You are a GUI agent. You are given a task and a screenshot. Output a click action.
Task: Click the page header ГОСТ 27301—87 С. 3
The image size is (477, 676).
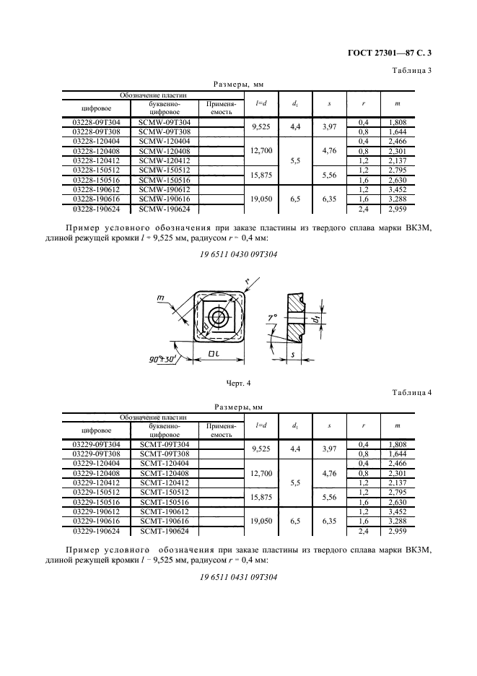[x=389, y=53]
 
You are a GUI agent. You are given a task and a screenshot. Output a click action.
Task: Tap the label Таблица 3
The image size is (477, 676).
[x=411, y=71]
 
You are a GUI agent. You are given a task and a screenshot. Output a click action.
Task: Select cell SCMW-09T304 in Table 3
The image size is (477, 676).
[x=165, y=123]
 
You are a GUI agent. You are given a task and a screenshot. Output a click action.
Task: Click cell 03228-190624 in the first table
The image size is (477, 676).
[x=96, y=209]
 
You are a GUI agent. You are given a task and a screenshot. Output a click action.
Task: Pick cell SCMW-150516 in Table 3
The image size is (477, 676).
[x=165, y=181]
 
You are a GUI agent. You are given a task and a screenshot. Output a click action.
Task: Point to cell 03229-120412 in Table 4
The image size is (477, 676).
[x=96, y=483]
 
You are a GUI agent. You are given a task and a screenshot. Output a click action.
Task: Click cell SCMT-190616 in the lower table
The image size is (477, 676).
[x=165, y=521]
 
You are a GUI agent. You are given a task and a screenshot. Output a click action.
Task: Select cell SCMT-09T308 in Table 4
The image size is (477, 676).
[x=165, y=454]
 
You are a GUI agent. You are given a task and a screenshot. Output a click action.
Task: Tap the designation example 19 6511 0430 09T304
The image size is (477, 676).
[x=239, y=254]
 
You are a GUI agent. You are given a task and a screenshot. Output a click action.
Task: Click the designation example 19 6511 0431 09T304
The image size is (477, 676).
[x=239, y=577]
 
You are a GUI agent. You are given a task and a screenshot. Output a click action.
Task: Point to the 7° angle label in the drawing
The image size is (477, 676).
[x=272, y=318]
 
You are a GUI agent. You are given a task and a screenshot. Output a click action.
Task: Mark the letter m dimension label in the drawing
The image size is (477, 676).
[x=161, y=298]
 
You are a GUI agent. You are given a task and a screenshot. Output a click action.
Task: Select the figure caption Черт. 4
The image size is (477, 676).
[x=238, y=383]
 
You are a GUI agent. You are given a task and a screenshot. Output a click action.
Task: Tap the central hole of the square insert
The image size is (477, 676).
[x=219, y=318]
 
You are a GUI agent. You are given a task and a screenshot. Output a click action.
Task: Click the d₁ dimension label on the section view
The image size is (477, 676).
[x=316, y=319]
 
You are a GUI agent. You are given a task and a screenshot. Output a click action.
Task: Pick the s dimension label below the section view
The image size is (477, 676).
[x=292, y=355]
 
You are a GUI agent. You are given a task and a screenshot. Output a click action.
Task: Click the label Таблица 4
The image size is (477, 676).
[x=411, y=393]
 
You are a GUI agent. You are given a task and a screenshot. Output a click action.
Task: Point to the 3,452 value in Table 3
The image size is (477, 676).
[x=398, y=190]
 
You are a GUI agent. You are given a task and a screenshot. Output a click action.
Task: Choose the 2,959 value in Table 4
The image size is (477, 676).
[x=398, y=531]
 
